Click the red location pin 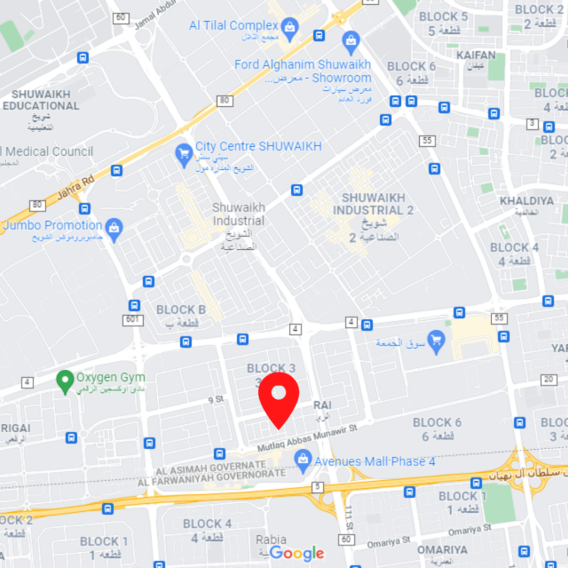279,397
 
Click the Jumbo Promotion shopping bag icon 114,227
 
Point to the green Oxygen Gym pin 65,381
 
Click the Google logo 297,553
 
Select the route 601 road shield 133,320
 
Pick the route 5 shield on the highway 317,487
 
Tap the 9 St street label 216,400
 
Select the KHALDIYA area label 526,201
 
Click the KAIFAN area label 476,55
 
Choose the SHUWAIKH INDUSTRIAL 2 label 373,204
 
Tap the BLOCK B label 181,310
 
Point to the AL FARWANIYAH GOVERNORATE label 212,475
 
